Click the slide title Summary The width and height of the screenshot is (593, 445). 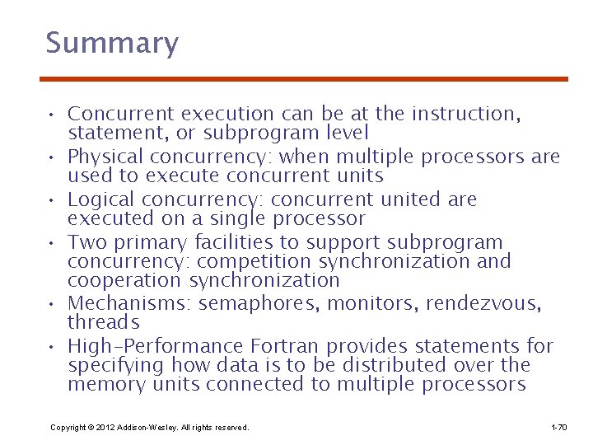pos(112,43)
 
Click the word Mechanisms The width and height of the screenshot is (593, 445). pos(129,304)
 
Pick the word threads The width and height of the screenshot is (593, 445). pos(103,322)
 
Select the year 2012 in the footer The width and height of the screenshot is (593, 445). pos(105,428)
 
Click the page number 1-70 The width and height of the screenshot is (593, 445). pos(558,428)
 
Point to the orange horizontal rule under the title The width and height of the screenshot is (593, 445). pos(304,79)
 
